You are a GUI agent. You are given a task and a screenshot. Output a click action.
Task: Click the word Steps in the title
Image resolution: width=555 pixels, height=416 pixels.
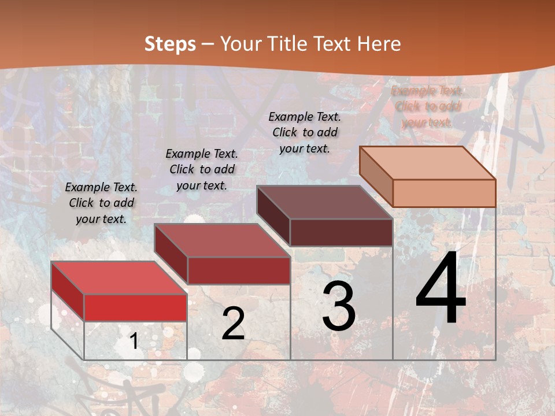[x=170, y=44]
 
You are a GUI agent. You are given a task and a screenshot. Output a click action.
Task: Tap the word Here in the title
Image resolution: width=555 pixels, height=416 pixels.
[x=379, y=44]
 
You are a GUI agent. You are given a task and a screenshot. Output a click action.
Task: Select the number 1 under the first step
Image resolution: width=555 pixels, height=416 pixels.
[x=134, y=341]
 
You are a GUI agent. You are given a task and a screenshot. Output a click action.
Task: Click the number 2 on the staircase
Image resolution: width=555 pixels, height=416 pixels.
[x=233, y=324]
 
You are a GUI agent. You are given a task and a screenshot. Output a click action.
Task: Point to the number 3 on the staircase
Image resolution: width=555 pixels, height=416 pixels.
[x=339, y=307]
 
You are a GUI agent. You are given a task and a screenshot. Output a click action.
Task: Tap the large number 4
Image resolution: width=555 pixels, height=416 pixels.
[x=441, y=289]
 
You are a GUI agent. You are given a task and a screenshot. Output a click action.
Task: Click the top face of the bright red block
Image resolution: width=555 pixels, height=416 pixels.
[x=119, y=278]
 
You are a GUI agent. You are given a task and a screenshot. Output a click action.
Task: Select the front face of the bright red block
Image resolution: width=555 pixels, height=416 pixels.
[x=135, y=307]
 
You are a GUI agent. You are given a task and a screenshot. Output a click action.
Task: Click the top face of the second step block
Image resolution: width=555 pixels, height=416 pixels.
[x=222, y=240]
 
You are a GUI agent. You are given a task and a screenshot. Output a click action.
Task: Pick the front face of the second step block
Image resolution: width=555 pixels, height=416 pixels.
[x=238, y=270]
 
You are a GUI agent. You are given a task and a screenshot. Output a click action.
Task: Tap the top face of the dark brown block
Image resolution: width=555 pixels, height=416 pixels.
[x=324, y=202]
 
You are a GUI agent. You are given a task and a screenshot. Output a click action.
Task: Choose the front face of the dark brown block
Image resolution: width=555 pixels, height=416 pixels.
[x=341, y=232]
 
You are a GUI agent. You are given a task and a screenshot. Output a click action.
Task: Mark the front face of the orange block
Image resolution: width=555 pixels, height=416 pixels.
[x=444, y=193]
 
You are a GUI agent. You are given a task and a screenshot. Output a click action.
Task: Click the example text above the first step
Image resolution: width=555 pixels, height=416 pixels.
[x=101, y=203]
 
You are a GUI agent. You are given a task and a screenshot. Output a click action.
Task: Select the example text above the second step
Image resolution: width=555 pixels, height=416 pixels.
[x=202, y=169]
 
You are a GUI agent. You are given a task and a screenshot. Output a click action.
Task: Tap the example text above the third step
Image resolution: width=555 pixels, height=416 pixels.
[x=305, y=132]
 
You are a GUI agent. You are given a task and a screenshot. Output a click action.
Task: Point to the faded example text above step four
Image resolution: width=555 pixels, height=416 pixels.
[x=427, y=106]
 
